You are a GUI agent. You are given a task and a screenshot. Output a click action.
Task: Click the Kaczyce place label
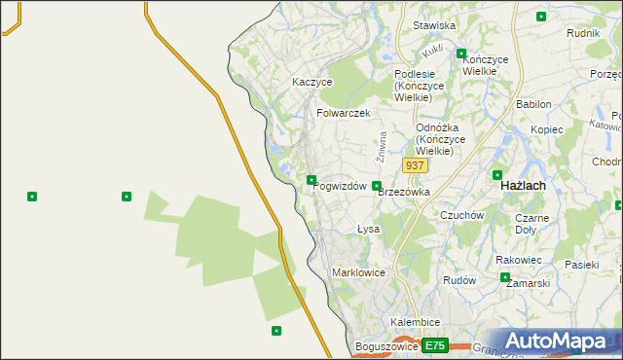312,83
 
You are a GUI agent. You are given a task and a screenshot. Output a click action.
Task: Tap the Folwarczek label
344,113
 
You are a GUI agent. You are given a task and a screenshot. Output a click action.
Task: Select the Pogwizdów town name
341,186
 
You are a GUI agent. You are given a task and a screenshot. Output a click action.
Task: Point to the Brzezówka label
404,193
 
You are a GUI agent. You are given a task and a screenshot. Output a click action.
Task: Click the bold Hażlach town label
522,184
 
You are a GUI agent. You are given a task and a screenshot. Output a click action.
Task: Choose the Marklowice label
359,272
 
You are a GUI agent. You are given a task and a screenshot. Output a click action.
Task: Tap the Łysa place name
368,230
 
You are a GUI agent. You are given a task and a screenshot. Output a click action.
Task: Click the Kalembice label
416,322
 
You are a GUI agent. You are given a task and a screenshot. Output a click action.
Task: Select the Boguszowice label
387,346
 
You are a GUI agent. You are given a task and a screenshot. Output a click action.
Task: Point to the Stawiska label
434,25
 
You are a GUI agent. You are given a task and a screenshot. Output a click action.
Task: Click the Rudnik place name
582,32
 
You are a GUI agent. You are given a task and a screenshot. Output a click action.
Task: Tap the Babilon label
534,103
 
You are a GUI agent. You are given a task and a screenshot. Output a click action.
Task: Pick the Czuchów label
462,215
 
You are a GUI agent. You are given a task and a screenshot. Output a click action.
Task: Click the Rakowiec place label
518,260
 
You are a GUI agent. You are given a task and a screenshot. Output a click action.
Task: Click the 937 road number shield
415,165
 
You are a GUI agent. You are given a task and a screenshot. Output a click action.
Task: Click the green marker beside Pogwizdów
311,179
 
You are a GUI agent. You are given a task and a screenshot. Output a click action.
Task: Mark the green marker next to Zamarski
505,277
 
